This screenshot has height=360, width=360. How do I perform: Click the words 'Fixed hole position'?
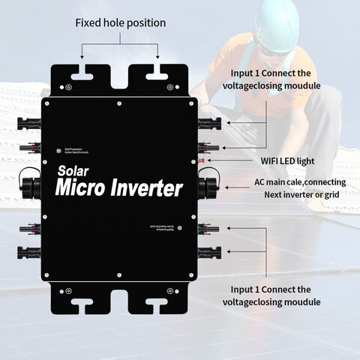(x=120, y=23)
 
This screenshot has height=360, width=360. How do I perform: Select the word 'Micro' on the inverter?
(x=88, y=188)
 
